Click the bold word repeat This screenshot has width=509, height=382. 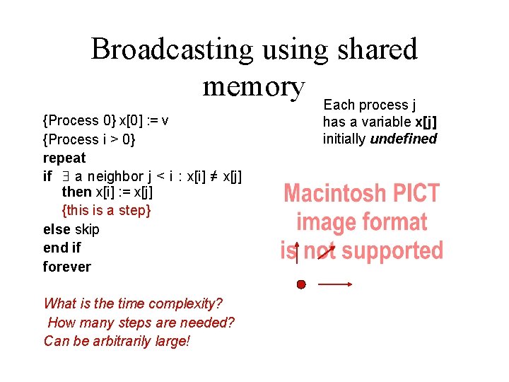point(64,158)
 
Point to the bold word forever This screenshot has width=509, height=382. point(67,267)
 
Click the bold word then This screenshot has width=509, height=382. point(76,192)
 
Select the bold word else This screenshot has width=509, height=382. point(57,229)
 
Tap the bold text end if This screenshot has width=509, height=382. point(62,248)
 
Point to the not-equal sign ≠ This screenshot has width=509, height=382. point(213,175)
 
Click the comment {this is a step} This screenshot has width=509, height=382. point(107,210)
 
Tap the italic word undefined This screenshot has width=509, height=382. point(404,139)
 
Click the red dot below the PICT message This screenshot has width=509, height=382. point(301,284)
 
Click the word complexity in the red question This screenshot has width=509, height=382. point(186,303)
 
